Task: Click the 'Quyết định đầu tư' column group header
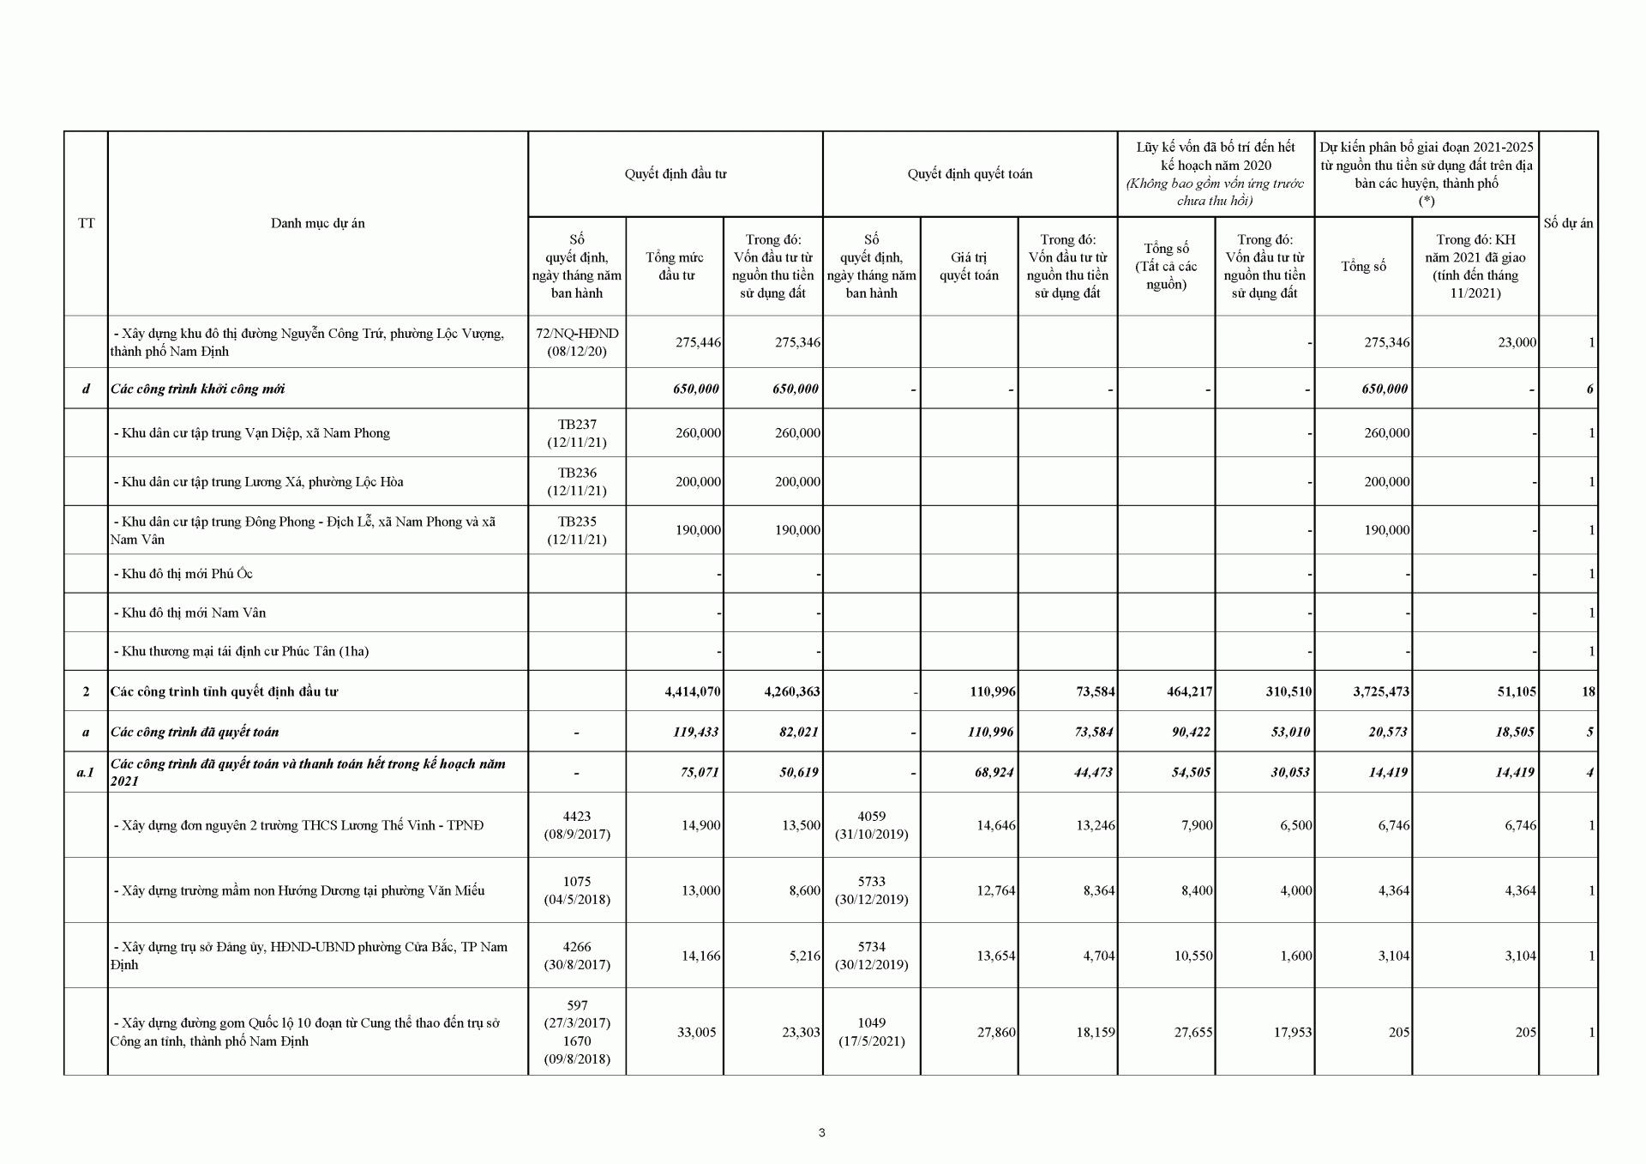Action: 675,174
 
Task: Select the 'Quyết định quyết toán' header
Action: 970,174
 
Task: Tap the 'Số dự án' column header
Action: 1568,223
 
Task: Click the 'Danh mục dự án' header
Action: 317,223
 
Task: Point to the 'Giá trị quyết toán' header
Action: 969,266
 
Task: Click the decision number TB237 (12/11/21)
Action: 576,433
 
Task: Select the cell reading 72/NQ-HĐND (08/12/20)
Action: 576,342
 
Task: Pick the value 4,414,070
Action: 692,691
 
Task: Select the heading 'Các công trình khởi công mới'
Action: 197,389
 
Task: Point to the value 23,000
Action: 1517,342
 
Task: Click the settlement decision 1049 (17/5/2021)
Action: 871,1032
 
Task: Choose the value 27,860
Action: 995,1033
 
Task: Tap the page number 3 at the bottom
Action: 822,1132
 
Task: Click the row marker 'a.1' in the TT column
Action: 86,772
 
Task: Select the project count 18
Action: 1588,691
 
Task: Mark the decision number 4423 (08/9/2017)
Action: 576,825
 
